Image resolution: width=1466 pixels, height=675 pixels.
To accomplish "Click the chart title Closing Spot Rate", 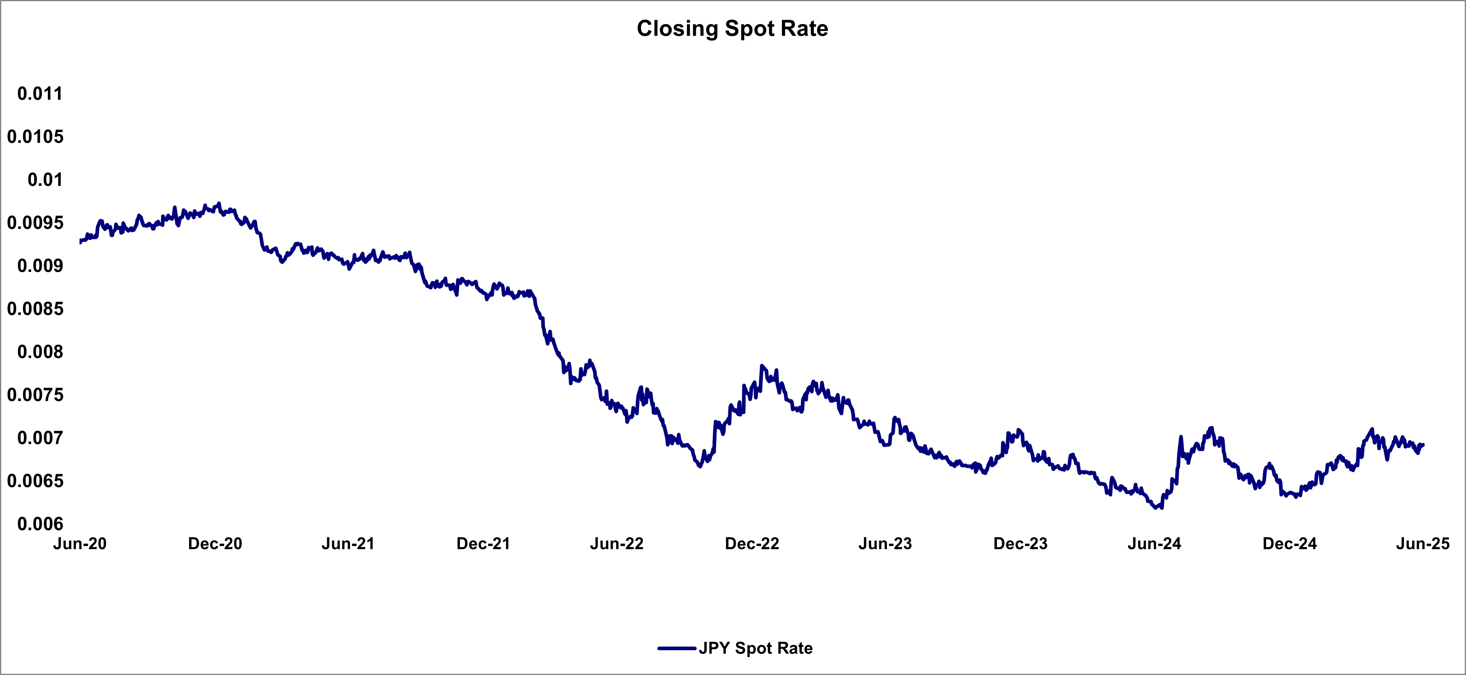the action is (732, 28).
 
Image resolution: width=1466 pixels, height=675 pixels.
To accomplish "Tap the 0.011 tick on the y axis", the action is (40, 93).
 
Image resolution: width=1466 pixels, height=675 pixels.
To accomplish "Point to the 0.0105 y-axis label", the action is (35, 137).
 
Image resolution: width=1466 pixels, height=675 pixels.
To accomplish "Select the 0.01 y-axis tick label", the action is (45, 179).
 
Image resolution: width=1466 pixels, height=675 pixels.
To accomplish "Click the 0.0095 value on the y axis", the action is (35, 222).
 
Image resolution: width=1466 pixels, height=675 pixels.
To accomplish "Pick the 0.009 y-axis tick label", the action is (40, 266).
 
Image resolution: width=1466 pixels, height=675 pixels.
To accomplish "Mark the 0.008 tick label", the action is (40, 352).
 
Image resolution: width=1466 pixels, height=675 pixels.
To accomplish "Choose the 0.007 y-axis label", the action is (40, 438).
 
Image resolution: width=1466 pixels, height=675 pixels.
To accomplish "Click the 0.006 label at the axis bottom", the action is (40, 524).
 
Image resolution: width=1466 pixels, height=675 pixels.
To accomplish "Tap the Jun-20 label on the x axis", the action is (80, 543).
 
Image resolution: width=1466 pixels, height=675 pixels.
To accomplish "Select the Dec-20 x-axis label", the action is (215, 543).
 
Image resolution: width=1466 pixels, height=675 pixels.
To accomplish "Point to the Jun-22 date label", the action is (617, 543).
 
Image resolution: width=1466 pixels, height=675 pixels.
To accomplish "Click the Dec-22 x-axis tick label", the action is (752, 543).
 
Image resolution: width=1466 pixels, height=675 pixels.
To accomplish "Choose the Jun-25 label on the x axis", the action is (1423, 543).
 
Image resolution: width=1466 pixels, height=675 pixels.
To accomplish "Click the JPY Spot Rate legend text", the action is (756, 648).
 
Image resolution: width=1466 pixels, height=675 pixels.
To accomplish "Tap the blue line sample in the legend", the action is (677, 648).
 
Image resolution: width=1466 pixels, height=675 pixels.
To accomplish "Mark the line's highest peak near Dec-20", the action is (219, 203).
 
